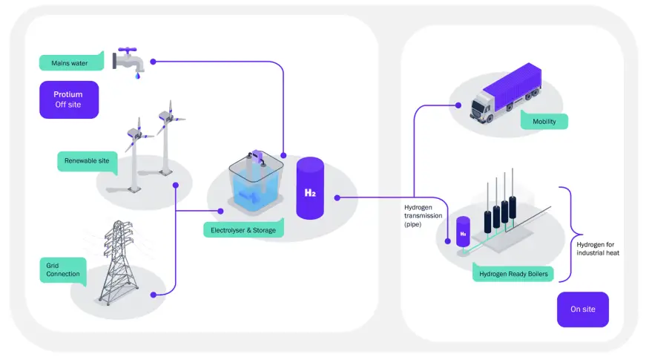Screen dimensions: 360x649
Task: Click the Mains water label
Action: tap(70, 63)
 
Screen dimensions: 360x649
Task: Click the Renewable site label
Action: tap(87, 160)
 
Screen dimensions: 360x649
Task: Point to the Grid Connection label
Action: tap(63, 269)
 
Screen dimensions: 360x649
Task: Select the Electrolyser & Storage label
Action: tap(243, 230)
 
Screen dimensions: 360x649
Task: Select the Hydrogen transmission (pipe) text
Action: tap(423, 215)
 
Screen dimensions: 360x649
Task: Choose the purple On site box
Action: tap(582, 309)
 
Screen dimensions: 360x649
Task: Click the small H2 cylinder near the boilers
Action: tap(462, 232)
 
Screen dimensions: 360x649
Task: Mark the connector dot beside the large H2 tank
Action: tap(337, 198)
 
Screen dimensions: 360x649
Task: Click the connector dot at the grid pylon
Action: tap(154, 295)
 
